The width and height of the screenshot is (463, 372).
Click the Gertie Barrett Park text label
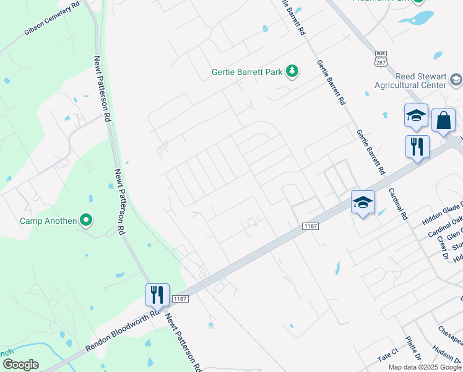pos(247,73)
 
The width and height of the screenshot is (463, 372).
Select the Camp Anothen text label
pos(48,221)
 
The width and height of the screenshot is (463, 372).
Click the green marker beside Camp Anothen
pos(87,220)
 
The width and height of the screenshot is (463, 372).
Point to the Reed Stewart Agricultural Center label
pos(412,79)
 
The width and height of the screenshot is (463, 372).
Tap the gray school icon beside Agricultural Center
pos(456,79)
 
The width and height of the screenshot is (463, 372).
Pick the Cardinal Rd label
pos(398,204)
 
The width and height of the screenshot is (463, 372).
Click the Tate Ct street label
pos(389,358)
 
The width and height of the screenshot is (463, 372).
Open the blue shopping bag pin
pos(444,120)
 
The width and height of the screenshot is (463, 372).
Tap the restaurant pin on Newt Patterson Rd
pos(157,294)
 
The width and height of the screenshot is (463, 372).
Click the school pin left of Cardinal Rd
pos(363,202)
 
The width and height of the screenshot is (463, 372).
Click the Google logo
pos(20,365)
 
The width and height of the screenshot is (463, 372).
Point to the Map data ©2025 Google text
pos(425,367)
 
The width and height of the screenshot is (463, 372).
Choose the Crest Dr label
pos(441,246)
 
